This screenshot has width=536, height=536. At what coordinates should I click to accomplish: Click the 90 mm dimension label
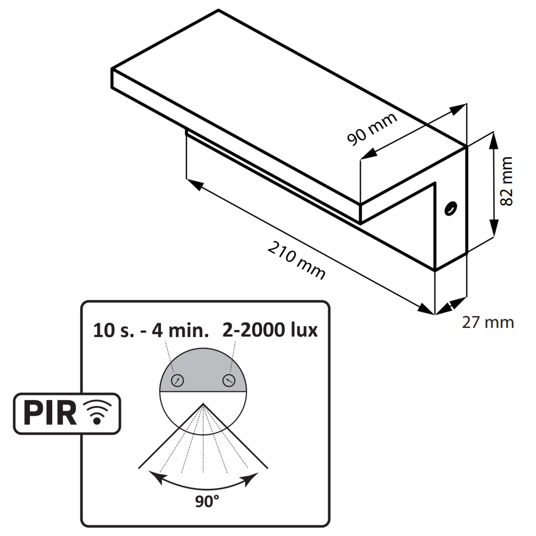pos(372,129)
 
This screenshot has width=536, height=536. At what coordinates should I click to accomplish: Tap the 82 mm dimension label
pos(506,181)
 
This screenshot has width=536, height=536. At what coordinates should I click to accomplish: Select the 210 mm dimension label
pos(296,260)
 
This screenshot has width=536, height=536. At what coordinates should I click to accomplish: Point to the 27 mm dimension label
pos(488,323)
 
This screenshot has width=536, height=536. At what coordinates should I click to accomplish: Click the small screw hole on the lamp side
pos(451,208)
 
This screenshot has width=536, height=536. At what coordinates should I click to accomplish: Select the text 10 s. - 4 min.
pos(151,330)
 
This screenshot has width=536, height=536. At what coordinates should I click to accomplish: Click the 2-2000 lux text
pos(270,330)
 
